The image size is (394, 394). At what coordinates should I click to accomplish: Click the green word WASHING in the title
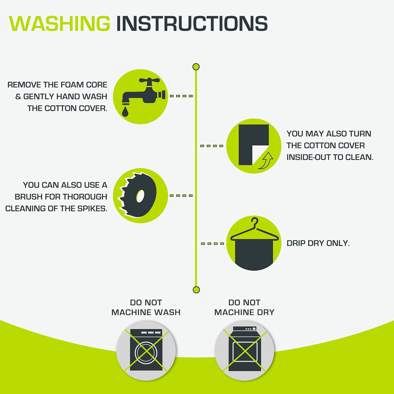[x=60, y=23]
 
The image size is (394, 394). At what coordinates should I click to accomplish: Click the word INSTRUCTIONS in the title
[x=192, y=23]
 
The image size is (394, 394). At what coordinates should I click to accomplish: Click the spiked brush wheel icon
[x=138, y=195]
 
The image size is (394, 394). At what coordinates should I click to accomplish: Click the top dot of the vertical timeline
[x=196, y=67]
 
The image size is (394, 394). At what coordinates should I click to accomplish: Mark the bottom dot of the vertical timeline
[x=196, y=290]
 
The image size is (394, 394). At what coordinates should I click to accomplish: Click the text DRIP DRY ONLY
[x=318, y=243]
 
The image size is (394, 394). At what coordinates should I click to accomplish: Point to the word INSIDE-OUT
[x=309, y=157]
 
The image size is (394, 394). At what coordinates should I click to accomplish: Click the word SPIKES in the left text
[x=92, y=209]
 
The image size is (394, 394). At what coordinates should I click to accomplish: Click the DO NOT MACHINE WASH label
[x=146, y=307]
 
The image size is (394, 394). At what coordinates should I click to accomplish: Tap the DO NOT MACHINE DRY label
[x=245, y=307]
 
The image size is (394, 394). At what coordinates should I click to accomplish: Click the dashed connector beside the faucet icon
[x=181, y=96]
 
